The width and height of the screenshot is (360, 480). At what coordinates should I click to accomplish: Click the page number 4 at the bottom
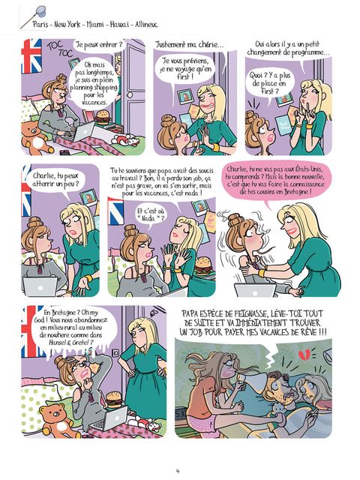pyautogui.click(x=178, y=471)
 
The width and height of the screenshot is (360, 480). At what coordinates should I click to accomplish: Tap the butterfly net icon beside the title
pyautogui.click(x=33, y=16)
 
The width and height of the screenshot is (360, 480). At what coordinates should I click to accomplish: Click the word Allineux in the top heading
pyautogui.click(x=146, y=24)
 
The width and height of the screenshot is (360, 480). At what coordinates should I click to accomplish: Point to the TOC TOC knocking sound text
pyautogui.click(x=60, y=49)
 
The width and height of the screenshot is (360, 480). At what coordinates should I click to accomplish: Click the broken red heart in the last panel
pyautogui.click(x=304, y=355)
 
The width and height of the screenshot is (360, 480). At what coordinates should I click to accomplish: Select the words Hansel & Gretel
pyautogui.click(x=70, y=343)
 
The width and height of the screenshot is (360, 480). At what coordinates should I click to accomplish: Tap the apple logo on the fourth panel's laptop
pyautogui.click(x=40, y=288)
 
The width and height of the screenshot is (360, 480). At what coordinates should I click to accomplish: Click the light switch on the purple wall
pyautogui.click(x=115, y=353)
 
